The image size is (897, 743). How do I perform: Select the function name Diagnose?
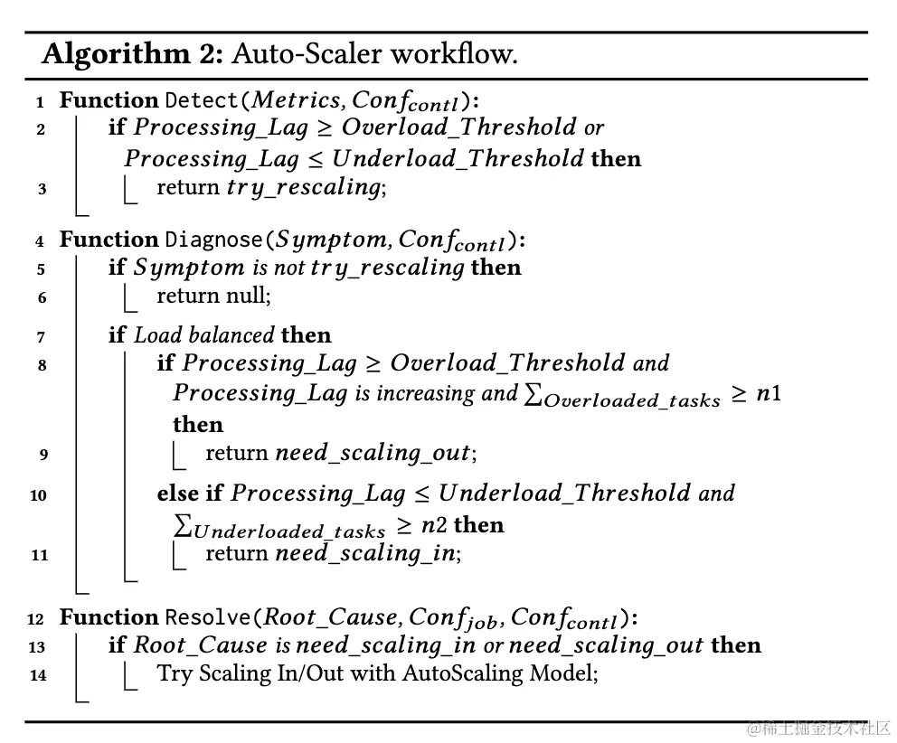213,240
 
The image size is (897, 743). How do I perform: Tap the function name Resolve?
207,617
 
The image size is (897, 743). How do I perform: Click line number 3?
41,189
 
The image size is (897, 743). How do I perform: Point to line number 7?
41,337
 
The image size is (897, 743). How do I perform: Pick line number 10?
38,495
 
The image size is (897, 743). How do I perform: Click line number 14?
38,675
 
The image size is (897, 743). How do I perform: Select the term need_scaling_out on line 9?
373,453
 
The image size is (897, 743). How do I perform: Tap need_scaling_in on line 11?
365,553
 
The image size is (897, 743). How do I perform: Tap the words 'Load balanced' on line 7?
204,335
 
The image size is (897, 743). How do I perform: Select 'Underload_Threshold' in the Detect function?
458,159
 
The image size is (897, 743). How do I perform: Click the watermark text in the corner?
819,728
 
